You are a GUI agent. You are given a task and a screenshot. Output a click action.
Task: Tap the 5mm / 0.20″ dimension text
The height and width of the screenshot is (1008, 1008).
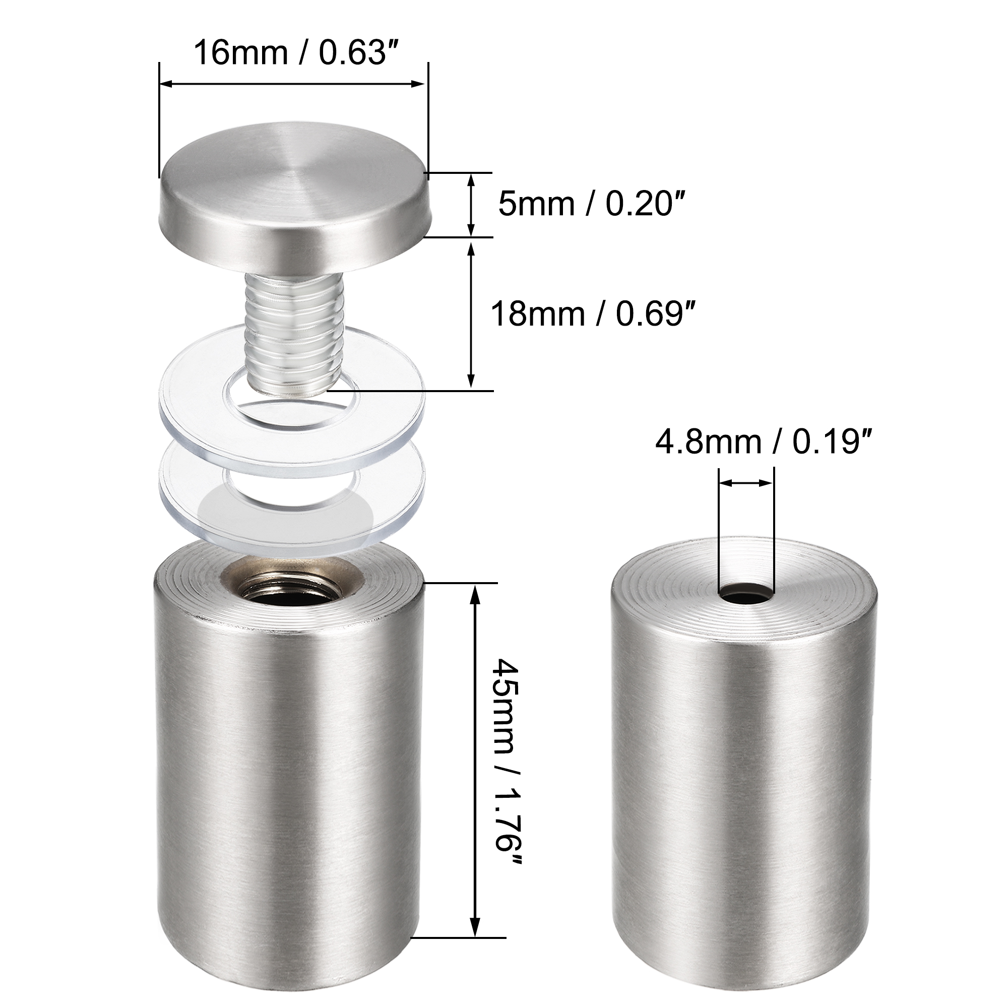(590, 204)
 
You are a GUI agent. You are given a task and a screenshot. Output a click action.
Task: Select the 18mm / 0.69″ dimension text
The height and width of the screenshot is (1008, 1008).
(594, 314)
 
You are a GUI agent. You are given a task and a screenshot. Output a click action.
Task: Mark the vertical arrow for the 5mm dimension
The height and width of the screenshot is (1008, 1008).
(471, 205)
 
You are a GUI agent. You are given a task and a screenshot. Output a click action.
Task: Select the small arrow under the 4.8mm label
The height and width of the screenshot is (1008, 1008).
(746, 484)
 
